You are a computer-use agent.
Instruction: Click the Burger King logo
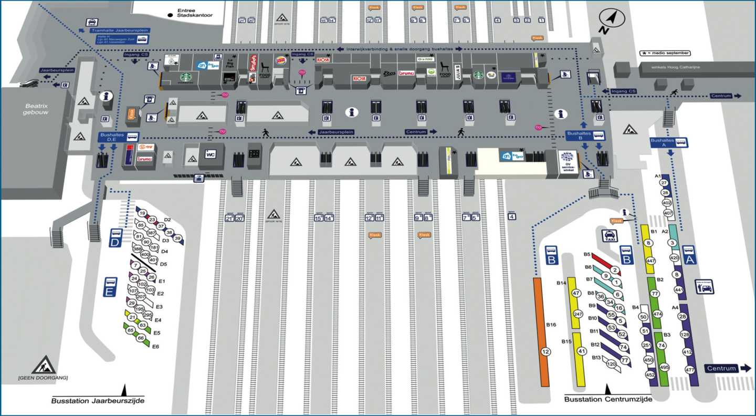click(x=281, y=59)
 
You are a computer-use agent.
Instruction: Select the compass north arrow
click(x=610, y=21)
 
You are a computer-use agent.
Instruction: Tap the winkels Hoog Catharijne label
click(x=675, y=67)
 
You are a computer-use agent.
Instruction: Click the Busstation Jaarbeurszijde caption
click(x=97, y=401)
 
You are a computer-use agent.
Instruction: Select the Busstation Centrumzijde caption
click(x=608, y=399)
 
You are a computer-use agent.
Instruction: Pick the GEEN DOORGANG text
click(x=43, y=378)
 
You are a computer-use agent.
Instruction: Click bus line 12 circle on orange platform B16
click(x=546, y=351)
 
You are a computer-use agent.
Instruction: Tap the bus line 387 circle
click(x=151, y=233)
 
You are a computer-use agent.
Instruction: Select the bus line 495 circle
click(x=664, y=367)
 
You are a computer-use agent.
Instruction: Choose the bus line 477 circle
click(x=690, y=370)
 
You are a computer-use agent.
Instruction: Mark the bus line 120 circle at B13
click(x=611, y=363)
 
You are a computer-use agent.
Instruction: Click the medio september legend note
click(x=665, y=53)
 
